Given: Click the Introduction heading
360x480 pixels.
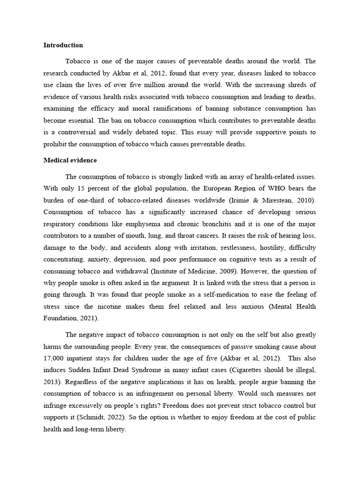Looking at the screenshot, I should click(x=63, y=45).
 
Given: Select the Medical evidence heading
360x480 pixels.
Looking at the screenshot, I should click(x=70, y=160).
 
